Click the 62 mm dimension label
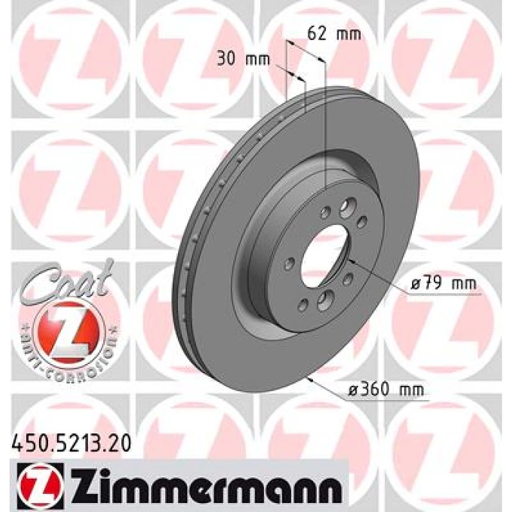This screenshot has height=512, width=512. point(334,34)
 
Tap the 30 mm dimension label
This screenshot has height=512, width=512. point(244,59)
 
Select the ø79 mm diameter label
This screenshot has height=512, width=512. point(444,284)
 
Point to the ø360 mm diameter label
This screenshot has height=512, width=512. point(386,389)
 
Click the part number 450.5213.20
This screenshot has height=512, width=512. point(72,444)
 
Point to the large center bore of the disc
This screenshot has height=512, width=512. point(325,256)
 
